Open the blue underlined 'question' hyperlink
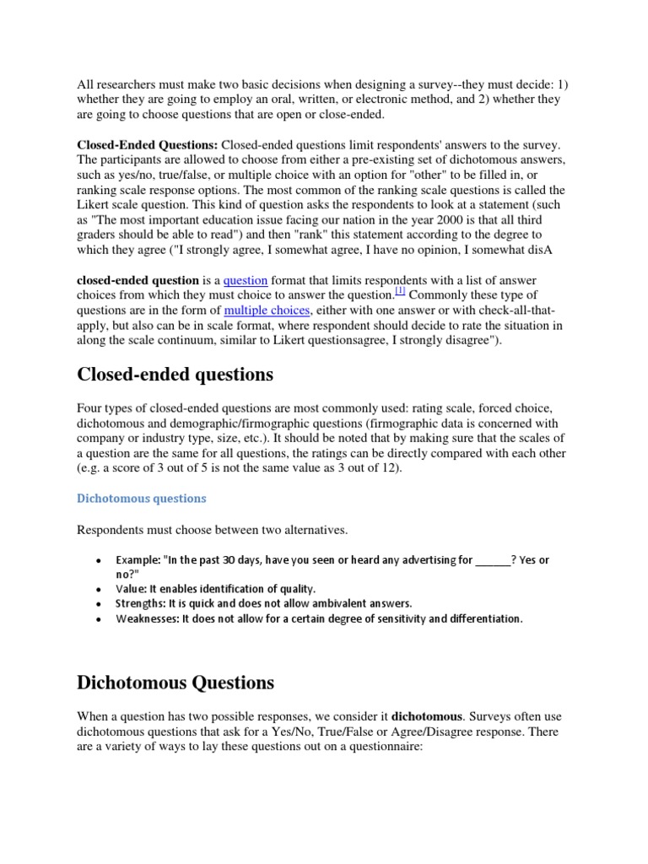click(x=246, y=280)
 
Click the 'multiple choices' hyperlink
click(x=267, y=310)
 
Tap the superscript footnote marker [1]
click(x=400, y=292)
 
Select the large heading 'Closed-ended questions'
click(x=175, y=374)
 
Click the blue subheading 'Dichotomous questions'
click(x=142, y=498)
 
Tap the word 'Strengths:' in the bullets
click(x=143, y=603)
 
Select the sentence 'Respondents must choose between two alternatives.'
click(x=212, y=529)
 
